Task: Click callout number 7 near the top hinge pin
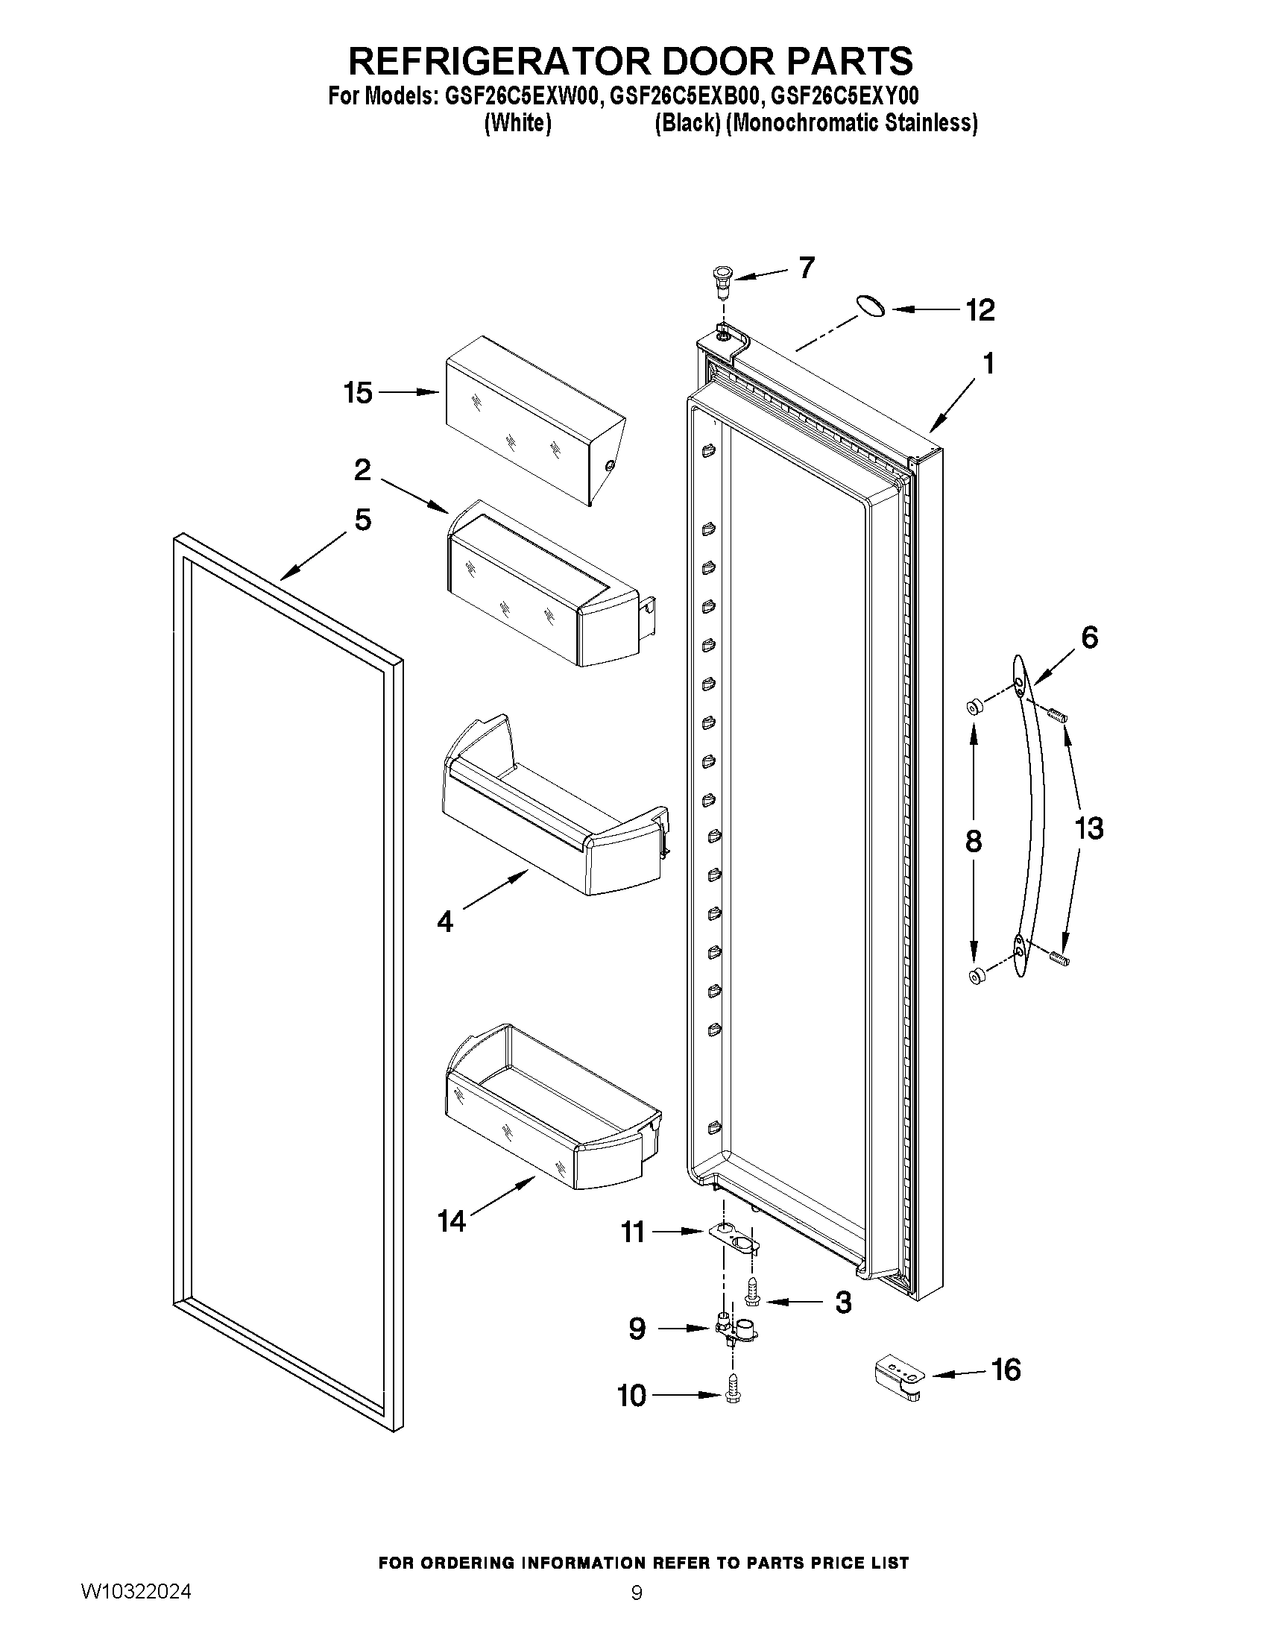(x=807, y=268)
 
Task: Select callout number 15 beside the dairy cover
(x=359, y=392)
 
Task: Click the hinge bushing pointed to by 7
(x=722, y=280)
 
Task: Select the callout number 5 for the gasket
(x=363, y=519)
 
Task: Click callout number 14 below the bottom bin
(x=452, y=1223)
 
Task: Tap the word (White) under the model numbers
(x=518, y=122)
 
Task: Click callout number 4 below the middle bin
(x=445, y=922)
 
